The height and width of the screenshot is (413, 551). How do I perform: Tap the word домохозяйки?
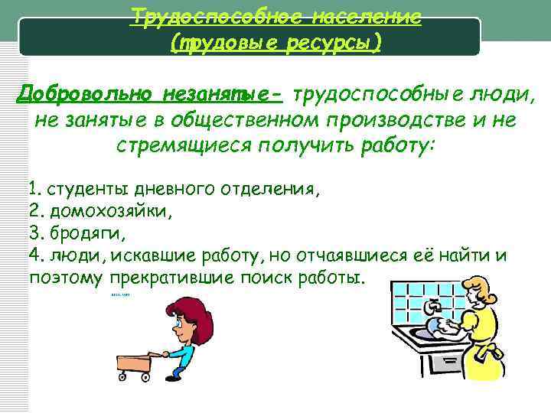[110, 210]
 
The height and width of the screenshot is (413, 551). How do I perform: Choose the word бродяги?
[86, 233]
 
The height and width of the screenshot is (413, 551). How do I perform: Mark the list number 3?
[34, 233]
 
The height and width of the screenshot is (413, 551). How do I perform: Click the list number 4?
[34, 254]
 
